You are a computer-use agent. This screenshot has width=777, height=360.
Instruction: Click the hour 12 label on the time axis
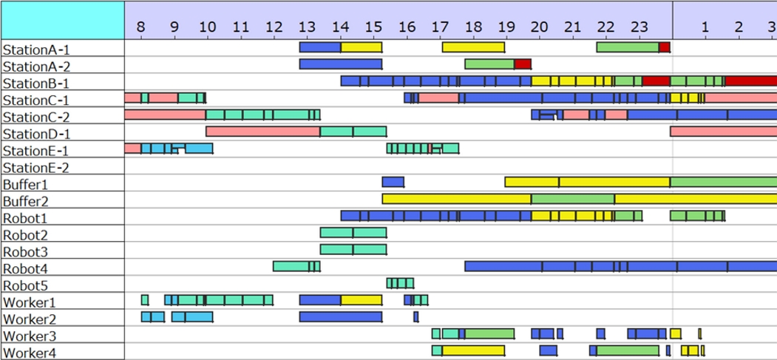click(x=273, y=27)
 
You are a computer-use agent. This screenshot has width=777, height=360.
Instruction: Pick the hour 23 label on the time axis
click(x=638, y=27)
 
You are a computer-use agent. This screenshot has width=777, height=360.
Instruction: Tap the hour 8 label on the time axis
click(x=140, y=27)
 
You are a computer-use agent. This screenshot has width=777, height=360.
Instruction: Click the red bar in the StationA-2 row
click(x=523, y=64)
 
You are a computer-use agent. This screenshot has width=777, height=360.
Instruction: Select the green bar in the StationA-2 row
click(x=489, y=64)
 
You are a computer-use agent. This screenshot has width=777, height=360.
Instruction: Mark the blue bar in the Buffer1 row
click(x=393, y=182)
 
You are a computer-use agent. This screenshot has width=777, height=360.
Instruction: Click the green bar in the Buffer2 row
click(x=573, y=199)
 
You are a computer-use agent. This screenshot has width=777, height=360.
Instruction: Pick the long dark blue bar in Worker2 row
click(x=340, y=317)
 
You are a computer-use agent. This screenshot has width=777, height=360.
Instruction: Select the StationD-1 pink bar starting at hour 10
click(x=262, y=132)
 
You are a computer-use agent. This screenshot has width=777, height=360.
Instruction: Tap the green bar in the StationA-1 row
click(x=627, y=47)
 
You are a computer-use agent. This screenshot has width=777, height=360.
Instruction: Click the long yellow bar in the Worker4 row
click(x=473, y=350)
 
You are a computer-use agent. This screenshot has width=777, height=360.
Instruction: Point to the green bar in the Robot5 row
click(x=400, y=283)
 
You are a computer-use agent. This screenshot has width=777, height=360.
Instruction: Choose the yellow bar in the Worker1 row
click(x=361, y=300)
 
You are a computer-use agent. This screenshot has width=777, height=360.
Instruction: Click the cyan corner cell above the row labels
click(x=62, y=20)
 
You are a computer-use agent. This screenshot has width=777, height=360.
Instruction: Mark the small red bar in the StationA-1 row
click(x=664, y=47)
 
